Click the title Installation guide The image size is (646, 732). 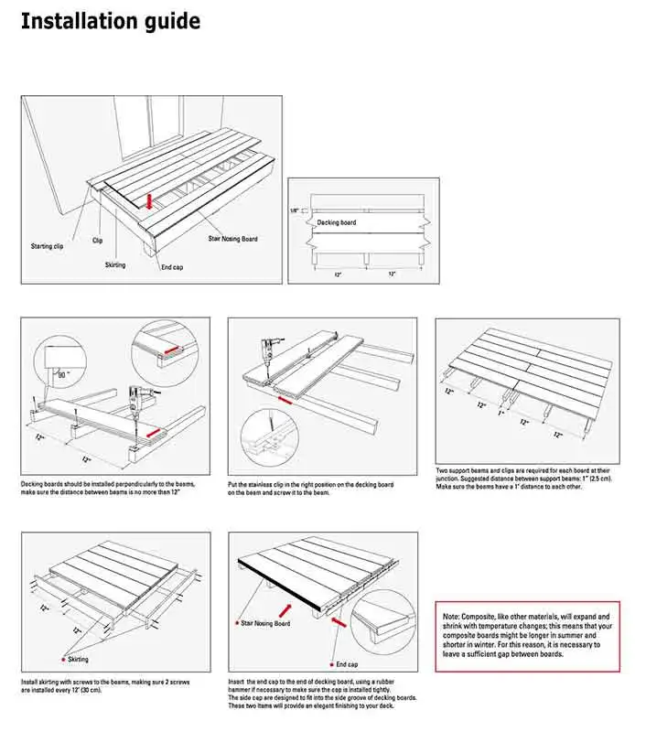click(x=110, y=20)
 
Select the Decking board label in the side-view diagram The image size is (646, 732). click(x=337, y=222)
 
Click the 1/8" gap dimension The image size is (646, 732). click(x=295, y=210)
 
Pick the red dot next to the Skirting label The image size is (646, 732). click(x=60, y=658)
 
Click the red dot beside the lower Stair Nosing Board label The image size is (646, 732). click(x=236, y=623)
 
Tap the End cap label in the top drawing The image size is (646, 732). click(x=173, y=267)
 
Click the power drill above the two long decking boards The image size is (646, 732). click(x=268, y=350)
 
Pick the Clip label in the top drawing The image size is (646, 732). click(x=98, y=241)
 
